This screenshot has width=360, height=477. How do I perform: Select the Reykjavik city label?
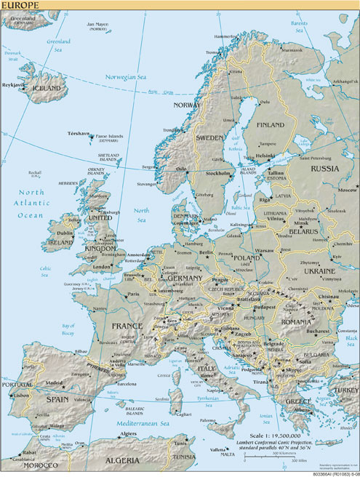(x=13, y=84)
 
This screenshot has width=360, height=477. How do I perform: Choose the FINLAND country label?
(x=271, y=124)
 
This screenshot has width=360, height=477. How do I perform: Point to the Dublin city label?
(x=65, y=233)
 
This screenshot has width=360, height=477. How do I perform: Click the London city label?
(x=102, y=266)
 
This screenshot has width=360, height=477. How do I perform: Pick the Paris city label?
(x=133, y=294)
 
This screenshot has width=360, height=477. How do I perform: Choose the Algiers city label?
(x=128, y=433)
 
